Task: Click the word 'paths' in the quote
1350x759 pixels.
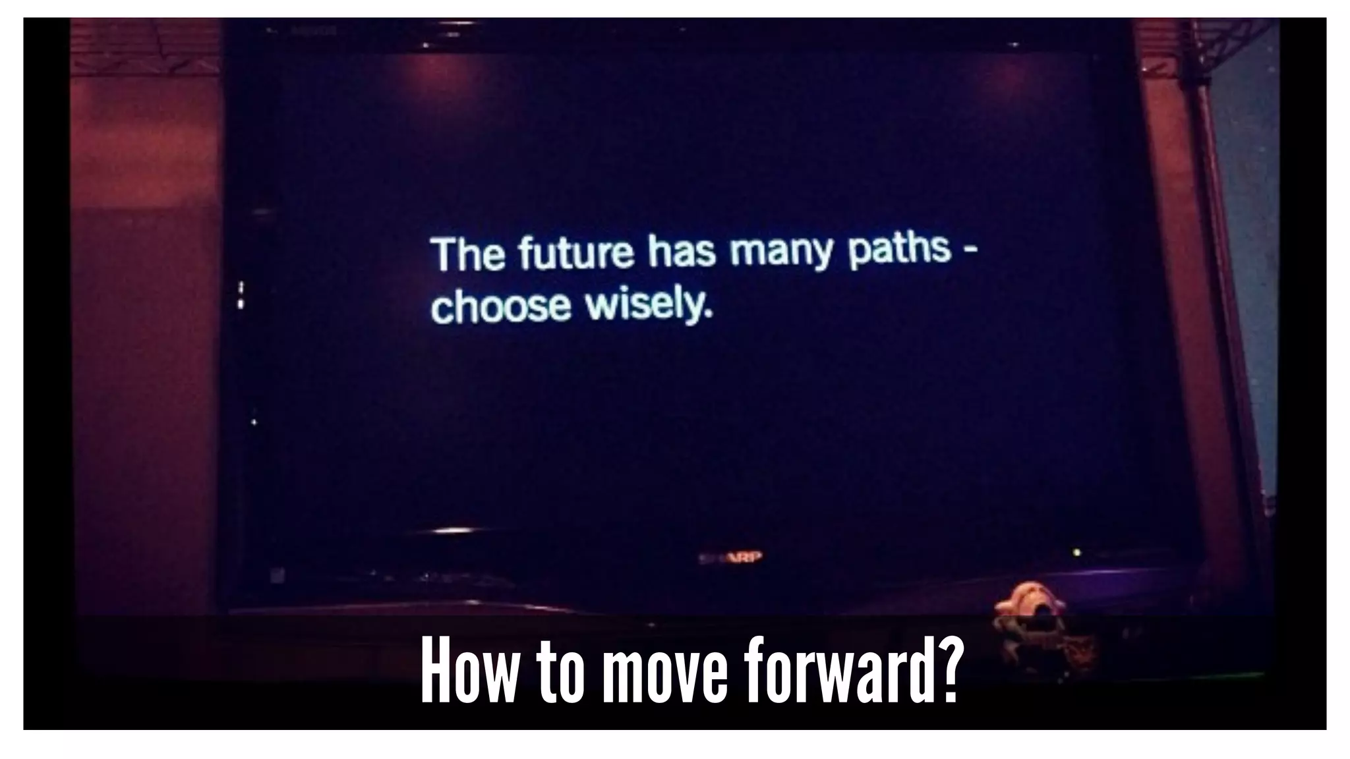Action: pos(899,250)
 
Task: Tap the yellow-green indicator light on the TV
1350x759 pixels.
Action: pos(1076,552)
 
